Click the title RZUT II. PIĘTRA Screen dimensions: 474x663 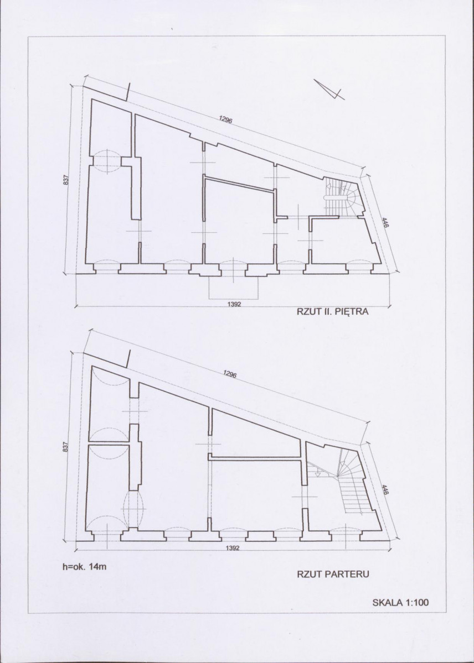333,312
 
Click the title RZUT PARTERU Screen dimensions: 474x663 333,574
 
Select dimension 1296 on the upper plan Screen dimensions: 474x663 226,119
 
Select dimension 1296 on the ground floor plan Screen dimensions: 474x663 230,374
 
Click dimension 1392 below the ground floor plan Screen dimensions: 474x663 233,547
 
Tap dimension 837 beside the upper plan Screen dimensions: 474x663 66,180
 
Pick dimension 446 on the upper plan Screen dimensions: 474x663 385,223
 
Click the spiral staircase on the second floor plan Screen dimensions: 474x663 342,197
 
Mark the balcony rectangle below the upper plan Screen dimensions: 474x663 233,288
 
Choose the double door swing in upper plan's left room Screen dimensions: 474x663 107,162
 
